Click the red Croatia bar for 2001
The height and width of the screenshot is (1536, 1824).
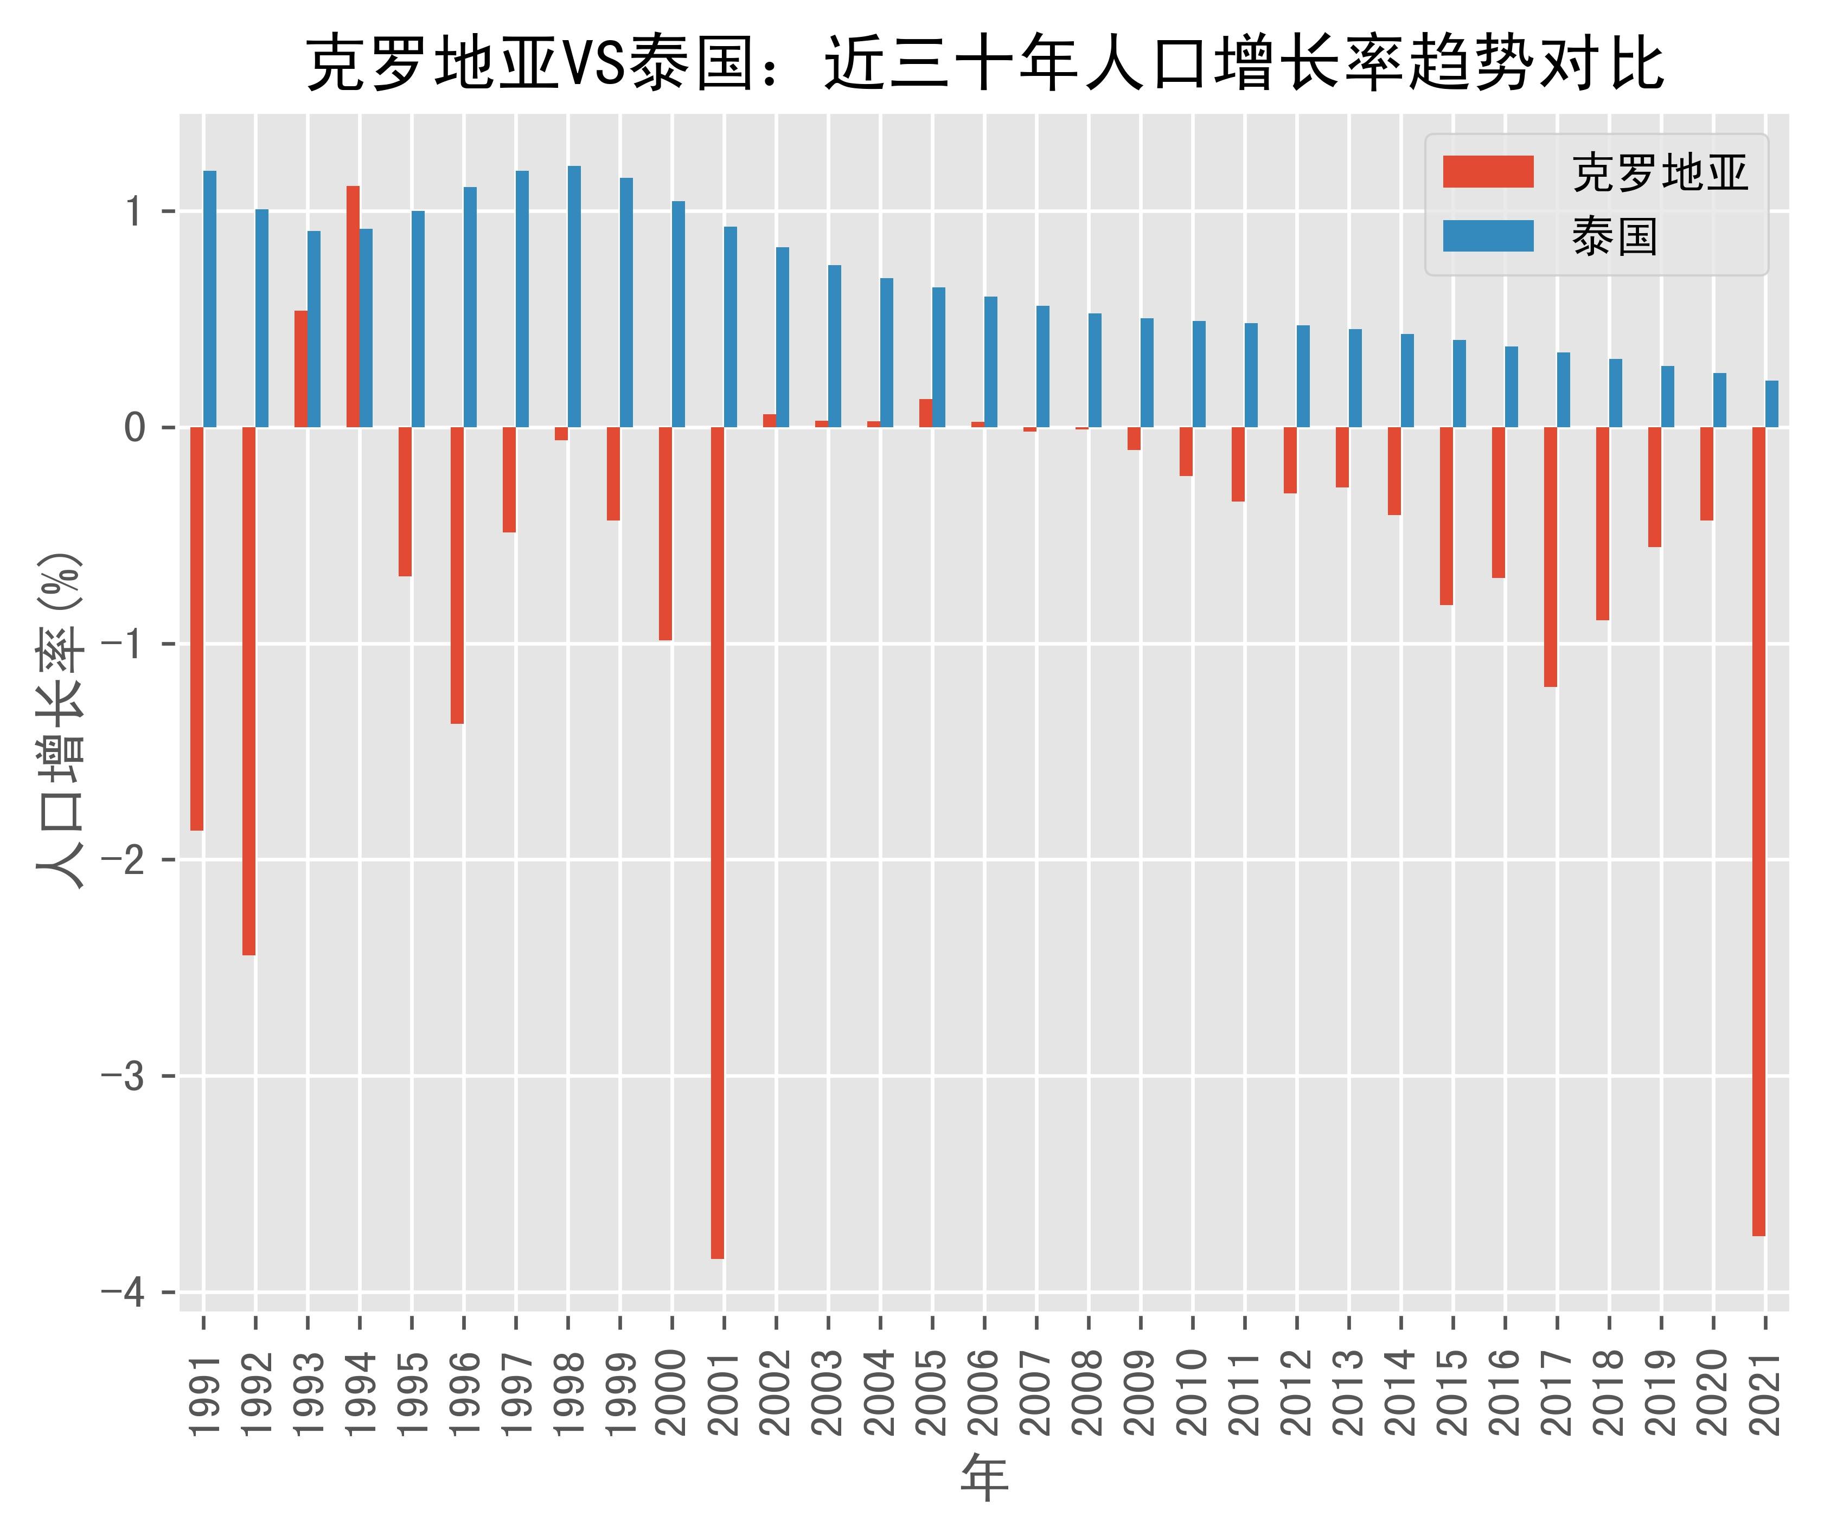[x=717, y=842]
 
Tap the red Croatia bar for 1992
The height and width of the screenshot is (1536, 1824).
[x=249, y=691]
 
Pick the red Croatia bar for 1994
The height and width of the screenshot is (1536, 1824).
[x=353, y=306]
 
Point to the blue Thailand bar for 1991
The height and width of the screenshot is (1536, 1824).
[x=210, y=299]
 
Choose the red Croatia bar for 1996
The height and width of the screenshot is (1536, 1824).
[x=457, y=575]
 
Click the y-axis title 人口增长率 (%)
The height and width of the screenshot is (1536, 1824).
[x=61, y=719]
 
